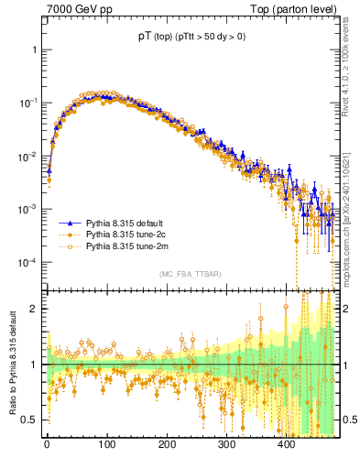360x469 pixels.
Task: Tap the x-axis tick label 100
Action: (106, 446)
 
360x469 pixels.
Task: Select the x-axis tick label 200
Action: (167, 446)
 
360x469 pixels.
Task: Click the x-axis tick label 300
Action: (226, 446)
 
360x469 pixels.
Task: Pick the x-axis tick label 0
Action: (47, 446)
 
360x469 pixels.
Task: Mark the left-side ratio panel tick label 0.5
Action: (30, 420)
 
